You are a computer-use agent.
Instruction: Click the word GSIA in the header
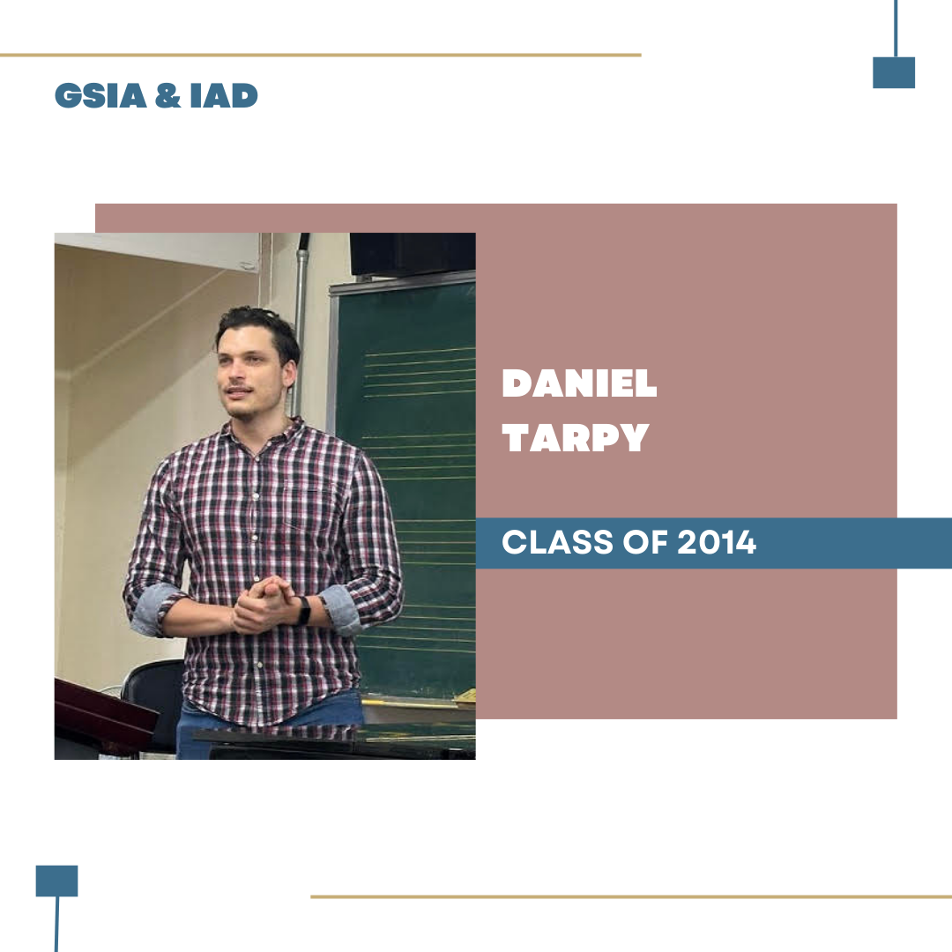[x=100, y=96]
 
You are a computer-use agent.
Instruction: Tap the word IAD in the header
[x=224, y=96]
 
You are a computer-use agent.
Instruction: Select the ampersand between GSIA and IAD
[x=168, y=96]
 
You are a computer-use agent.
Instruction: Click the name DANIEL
[x=579, y=383]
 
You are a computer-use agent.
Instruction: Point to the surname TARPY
[x=576, y=437]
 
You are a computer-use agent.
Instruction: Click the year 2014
[x=717, y=542]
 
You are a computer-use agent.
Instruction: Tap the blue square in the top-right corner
[x=894, y=73]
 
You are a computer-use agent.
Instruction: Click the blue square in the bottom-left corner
[x=57, y=881]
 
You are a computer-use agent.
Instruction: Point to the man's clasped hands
[x=263, y=605]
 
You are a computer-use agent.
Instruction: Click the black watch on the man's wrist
[x=303, y=611]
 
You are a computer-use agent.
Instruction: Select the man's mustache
[x=237, y=390]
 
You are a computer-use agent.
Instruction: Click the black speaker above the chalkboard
[x=413, y=254]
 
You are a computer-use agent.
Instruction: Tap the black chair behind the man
[x=152, y=698]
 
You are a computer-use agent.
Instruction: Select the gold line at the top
[x=321, y=56]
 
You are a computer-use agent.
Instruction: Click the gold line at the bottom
[x=631, y=896]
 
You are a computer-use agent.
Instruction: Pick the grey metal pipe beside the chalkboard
[x=300, y=322]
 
